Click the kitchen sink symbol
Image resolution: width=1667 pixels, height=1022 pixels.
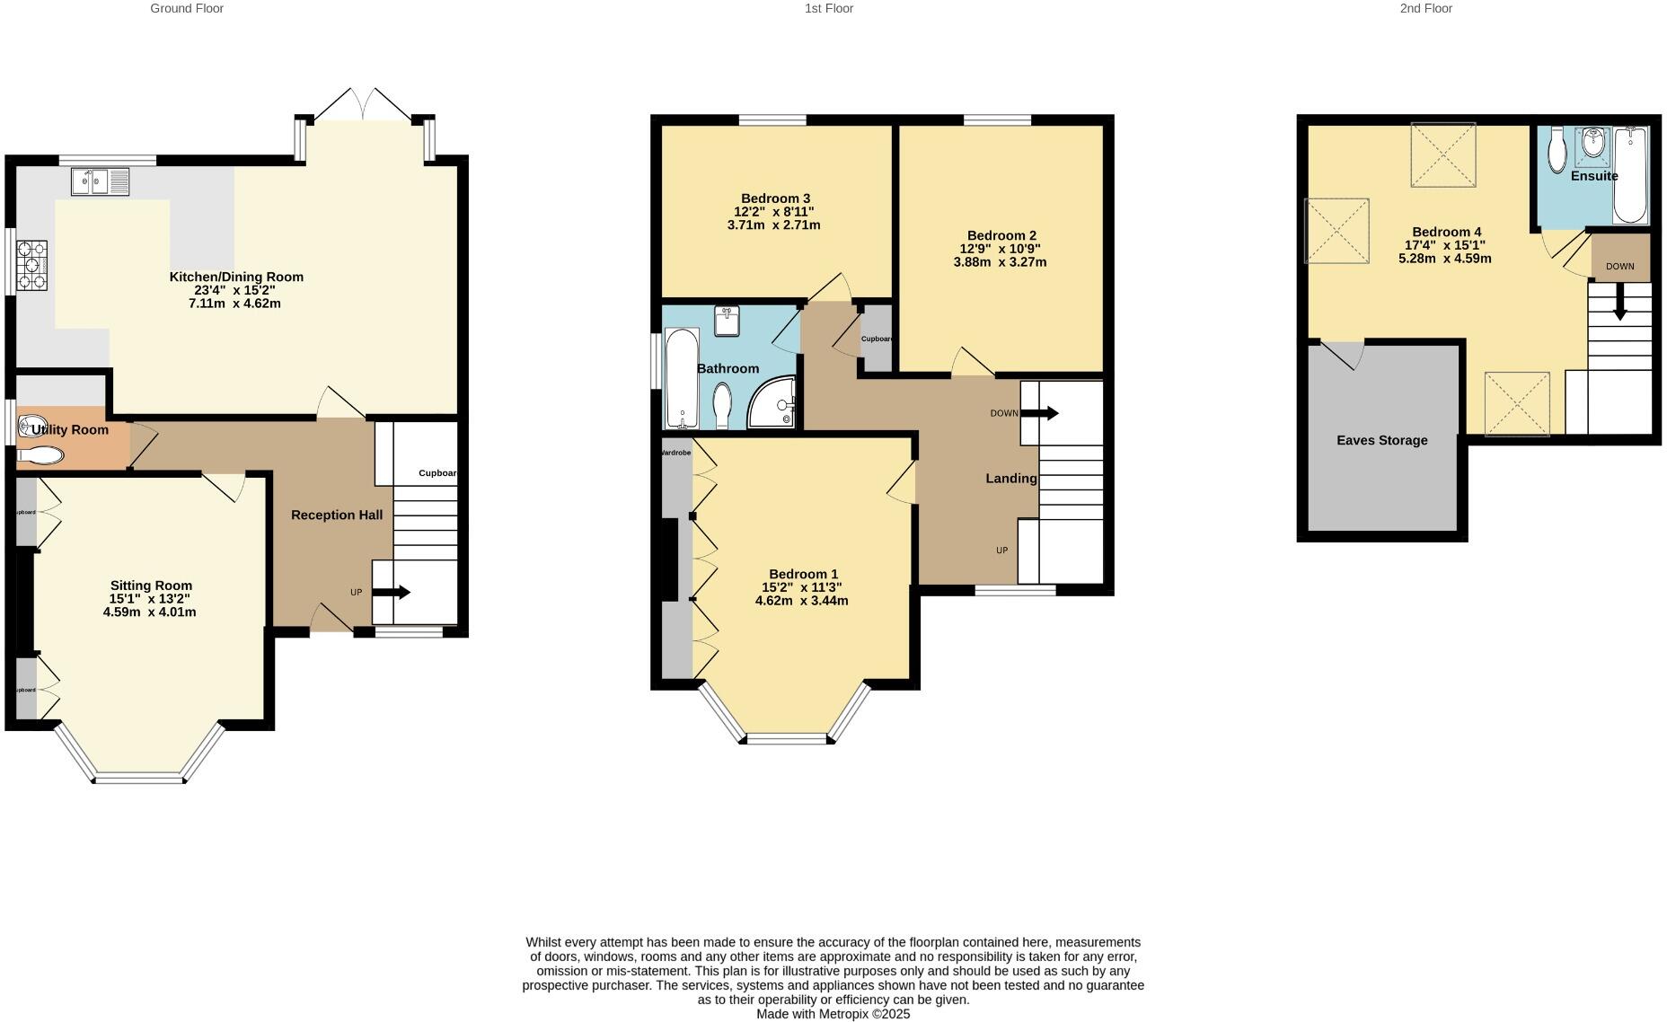pyautogui.click(x=100, y=182)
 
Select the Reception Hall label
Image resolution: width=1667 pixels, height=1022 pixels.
pyautogui.click(x=337, y=515)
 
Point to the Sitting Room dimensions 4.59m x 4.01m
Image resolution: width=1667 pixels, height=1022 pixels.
pyautogui.click(x=149, y=612)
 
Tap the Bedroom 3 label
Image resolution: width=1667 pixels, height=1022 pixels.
pyautogui.click(x=775, y=198)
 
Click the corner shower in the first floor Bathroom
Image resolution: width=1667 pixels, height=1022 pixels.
pyautogui.click(x=774, y=403)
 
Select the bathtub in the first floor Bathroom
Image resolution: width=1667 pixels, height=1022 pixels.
pyautogui.click(x=682, y=379)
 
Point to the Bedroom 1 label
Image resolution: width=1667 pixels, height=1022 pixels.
pyautogui.click(x=803, y=574)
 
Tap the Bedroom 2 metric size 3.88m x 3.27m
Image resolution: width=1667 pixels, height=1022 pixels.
pyautogui.click(x=1000, y=262)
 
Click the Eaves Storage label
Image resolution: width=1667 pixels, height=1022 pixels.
pyautogui.click(x=1381, y=440)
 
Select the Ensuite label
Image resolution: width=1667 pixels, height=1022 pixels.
pyautogui.click(x=1593, y=176)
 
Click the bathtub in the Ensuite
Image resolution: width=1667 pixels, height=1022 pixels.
pyautogui.click(x=1630, y=175)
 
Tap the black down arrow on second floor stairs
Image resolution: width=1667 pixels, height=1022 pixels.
pyautogui.click(x=1619, y=303)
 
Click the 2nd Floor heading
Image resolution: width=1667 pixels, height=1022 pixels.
pyautogui.click(x=1425, y=8)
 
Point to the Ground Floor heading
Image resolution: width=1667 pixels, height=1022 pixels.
pyautogui.click(x=187, y=8)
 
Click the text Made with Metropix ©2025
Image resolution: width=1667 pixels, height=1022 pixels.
pyautogui.click(x=833, y=1014)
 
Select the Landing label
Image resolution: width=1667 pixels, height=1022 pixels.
pyautogui.click(x=1010, y=479)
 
